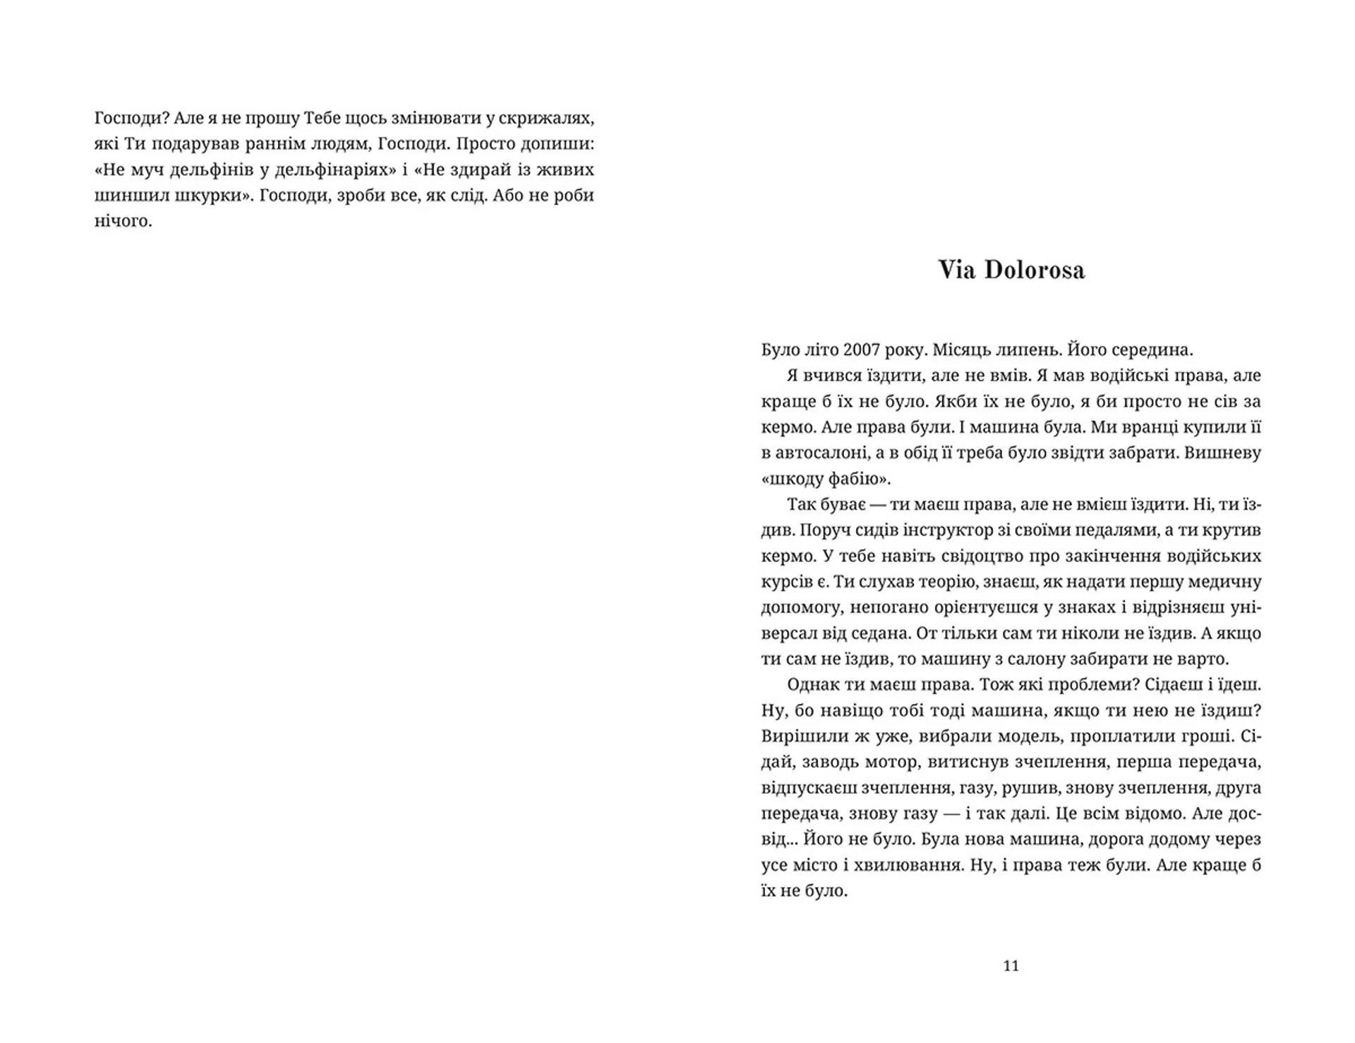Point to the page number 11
1011,966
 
